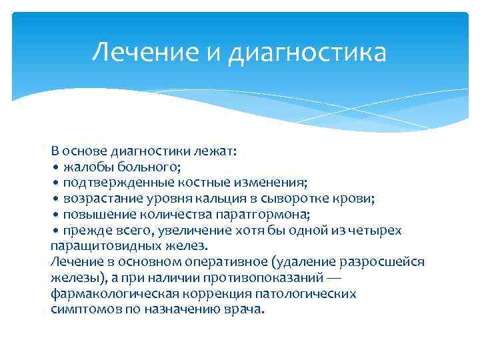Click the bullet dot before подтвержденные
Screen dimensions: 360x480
(x=57, y=183)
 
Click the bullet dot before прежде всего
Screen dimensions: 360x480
(x=57, y=231)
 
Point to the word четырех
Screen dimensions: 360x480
(x=378, y=230)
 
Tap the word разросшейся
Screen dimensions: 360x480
(x=384, y=262)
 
